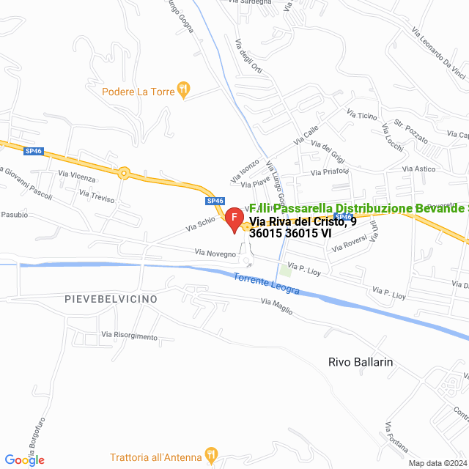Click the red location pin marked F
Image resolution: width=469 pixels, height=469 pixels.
(x=234, y=219)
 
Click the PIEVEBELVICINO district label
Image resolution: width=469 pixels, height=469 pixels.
(x=111, y=300)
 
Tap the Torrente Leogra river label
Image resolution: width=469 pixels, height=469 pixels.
(x=267, y=284)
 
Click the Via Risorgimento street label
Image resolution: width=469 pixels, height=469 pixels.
(x=130, y=336)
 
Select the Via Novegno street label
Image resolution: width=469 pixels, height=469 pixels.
(x=215, y=253)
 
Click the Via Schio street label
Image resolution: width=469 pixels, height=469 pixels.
(x=201, y=224)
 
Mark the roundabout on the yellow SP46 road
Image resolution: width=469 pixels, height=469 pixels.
(x=125, y=174)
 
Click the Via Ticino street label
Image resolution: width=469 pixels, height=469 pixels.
(x=362, y=116)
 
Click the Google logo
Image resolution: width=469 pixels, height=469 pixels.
(x=25, y=459)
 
